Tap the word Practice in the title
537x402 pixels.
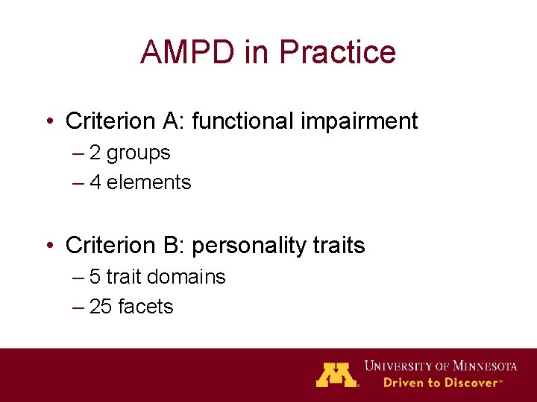click(x=336, y=51)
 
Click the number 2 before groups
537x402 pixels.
click(x=95, y=153)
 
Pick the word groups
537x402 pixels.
click(x=138, y=153)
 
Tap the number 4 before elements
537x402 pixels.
click(x=95, y=182)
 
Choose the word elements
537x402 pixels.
click(x=149, y=182)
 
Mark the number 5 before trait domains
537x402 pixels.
click(x=95, y=277)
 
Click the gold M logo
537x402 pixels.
click(x=336, y=374)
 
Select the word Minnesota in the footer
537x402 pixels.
click(x=477, y=366)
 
